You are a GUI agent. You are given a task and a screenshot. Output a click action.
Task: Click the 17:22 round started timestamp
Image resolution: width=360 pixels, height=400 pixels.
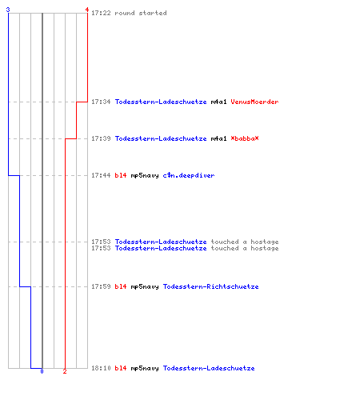click(101, 13)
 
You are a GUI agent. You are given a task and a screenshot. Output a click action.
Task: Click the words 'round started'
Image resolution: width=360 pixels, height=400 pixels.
click(141, 13)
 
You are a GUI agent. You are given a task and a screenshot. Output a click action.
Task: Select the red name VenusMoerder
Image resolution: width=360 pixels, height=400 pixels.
click(254, 102)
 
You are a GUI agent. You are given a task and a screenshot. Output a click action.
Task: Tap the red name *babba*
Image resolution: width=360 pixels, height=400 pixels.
click(245, 138)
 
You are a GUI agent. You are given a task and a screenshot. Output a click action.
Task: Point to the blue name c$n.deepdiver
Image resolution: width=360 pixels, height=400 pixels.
click(189, 175)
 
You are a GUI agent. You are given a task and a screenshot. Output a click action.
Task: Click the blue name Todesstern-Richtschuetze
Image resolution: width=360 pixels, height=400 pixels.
click(210, 286)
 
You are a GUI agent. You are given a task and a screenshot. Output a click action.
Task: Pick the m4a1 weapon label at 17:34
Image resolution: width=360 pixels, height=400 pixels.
click(218, 102)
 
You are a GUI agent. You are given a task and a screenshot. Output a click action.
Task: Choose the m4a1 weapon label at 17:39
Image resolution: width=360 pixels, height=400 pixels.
click(218, 138)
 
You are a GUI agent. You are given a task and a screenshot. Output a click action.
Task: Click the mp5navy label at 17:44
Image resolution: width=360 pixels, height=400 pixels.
click(145, 175)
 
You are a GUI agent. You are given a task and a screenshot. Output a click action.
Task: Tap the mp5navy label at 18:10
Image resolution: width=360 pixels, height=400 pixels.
click(145, 368)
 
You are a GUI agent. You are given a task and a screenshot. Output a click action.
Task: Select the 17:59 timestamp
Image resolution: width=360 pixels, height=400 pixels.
click(101, 286)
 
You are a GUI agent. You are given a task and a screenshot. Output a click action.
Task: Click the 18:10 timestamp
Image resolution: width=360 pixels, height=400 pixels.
click(101, 368)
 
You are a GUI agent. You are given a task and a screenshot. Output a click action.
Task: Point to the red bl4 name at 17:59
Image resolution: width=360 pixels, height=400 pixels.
click(121, 286)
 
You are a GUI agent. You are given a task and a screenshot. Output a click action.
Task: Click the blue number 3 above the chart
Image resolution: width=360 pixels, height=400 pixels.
click(8, 10)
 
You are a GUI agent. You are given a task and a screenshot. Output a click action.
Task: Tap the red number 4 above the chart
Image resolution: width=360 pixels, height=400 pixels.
click(87, 10)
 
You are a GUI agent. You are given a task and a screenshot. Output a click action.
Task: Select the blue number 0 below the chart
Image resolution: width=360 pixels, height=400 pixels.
click(42, 371)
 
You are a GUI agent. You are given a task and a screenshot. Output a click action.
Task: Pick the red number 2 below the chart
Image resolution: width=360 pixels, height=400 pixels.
click(65, 371)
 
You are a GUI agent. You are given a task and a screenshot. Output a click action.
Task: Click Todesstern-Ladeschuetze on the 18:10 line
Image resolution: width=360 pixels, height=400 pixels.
click(209, 368)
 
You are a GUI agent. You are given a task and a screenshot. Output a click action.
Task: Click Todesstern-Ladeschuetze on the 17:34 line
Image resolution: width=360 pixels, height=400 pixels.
click(161, 102)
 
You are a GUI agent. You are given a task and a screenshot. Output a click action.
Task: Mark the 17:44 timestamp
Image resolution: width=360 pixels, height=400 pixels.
click(101, 175)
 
